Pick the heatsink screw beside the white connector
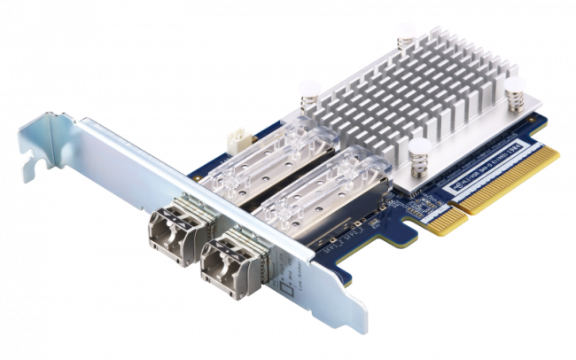(x=308, y=93)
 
